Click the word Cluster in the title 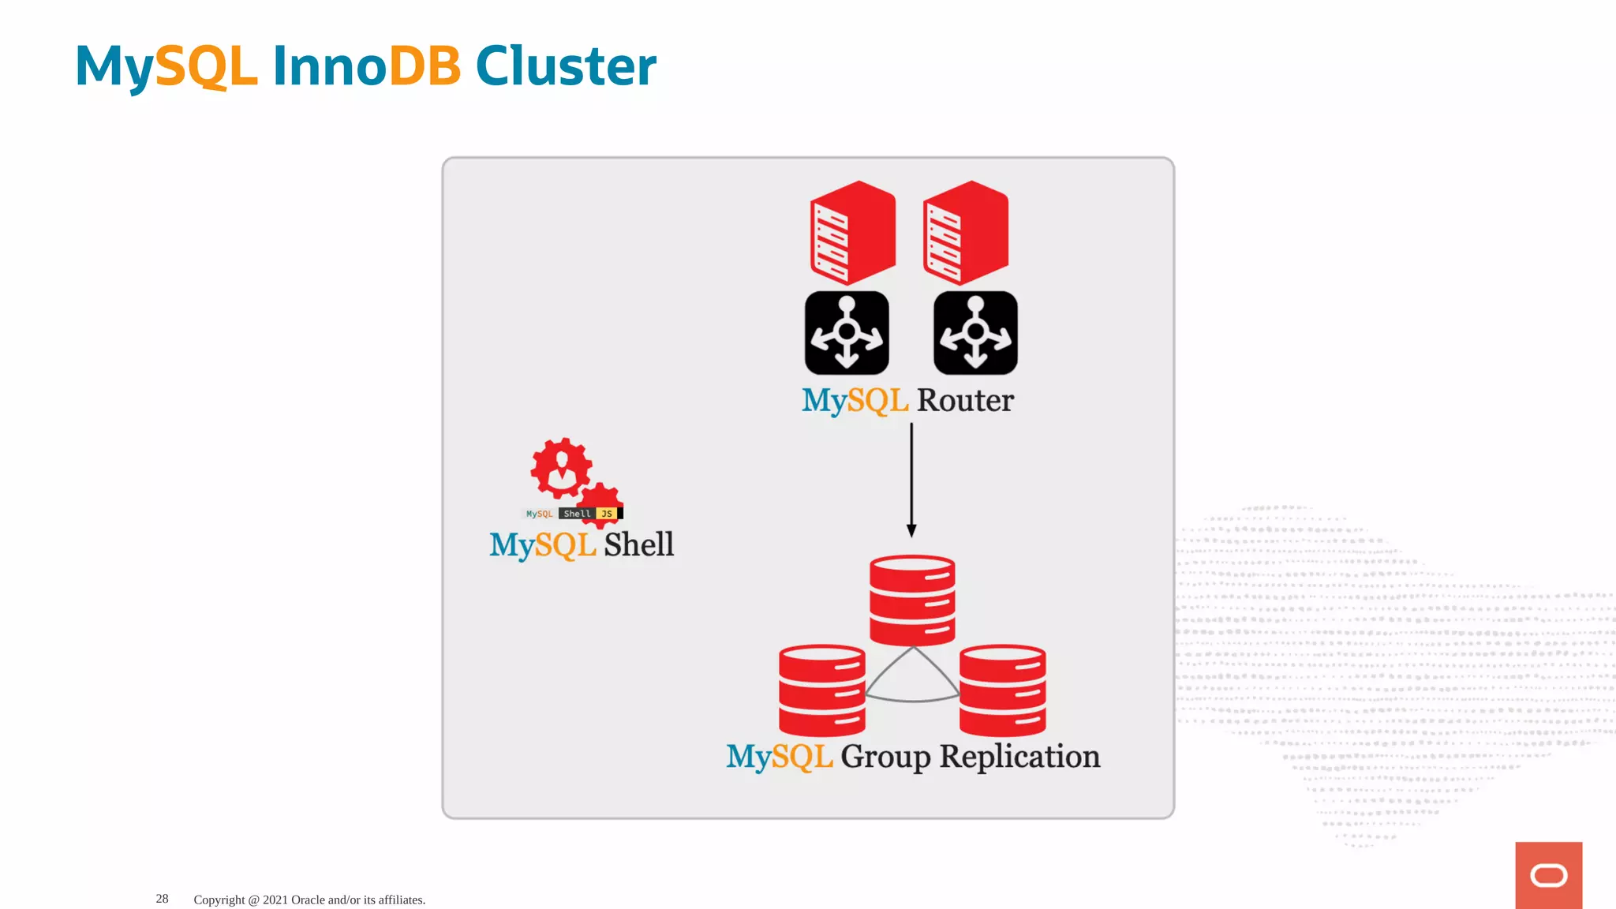coord(565,66)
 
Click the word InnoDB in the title coord(366,66)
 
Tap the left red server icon coord(853,233)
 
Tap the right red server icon coord(966,233)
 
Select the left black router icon coord(847,333)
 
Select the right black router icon coord(975,333)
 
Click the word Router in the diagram coord(965,401)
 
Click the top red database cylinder coord(912,600)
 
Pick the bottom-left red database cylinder coord(821,690)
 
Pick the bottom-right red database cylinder coord(1002,690)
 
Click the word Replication coord(1019,757)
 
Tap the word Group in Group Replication coord(885,757)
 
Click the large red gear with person coord(561,468)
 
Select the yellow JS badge coord(607,514)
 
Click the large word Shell coord(639,544)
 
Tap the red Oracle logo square coord(1548,875)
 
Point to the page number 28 coord(162,899)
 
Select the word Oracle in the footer coord(308,900)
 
